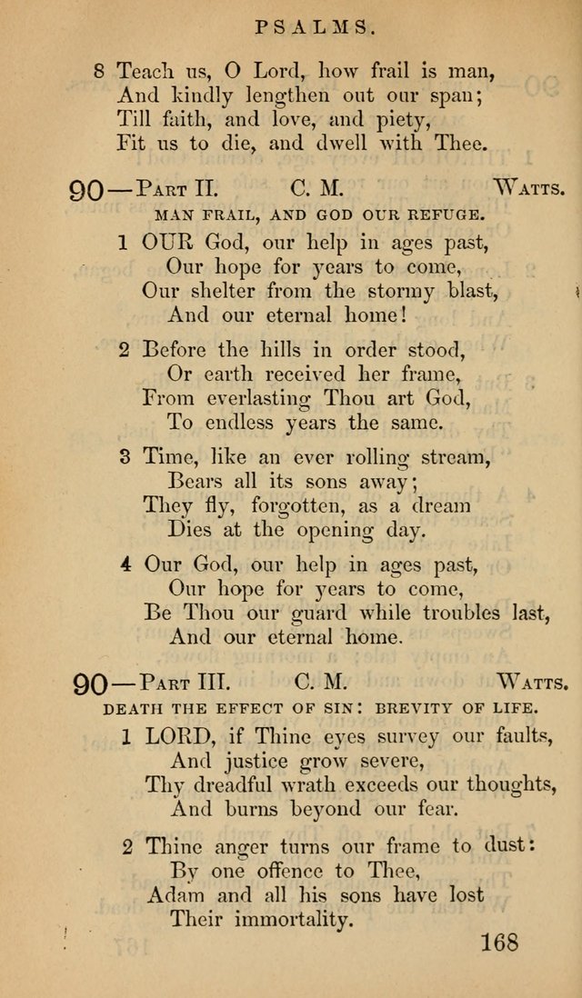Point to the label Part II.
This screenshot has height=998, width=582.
176,190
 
